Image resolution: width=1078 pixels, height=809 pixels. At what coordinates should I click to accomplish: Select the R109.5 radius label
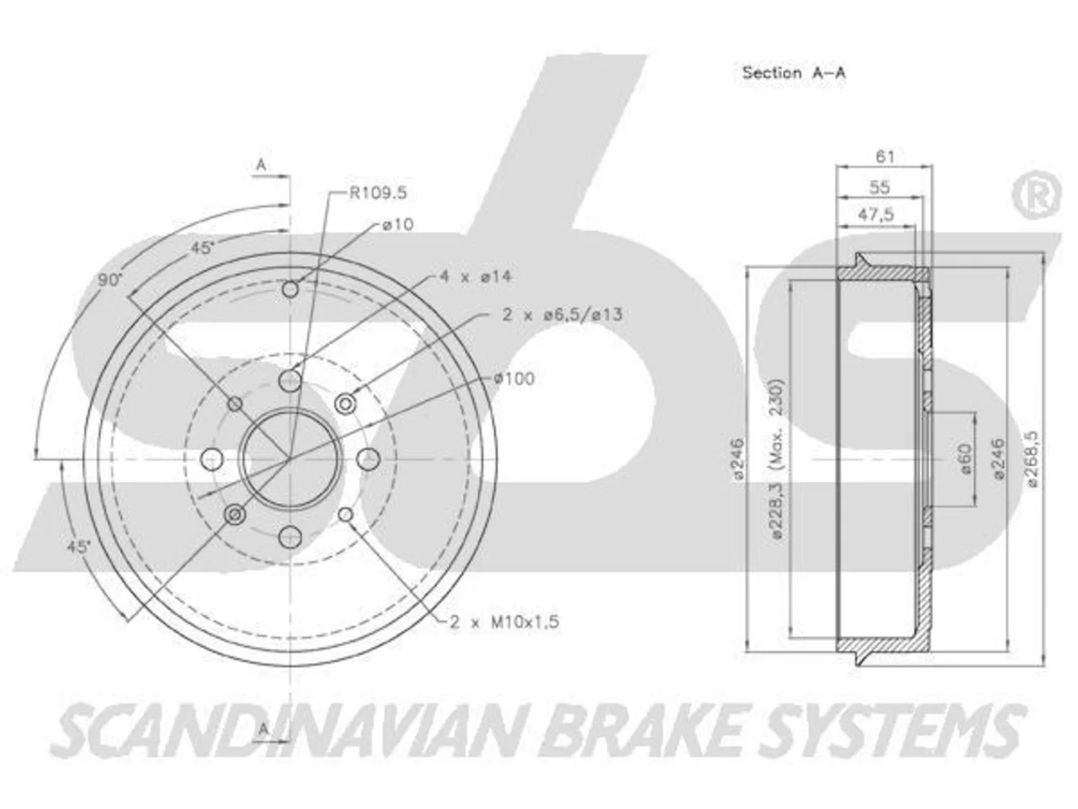pos(377,193)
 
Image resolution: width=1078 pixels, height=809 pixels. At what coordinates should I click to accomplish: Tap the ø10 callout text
pos(398,224)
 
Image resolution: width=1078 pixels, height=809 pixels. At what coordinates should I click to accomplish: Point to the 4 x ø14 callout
pos(475,276)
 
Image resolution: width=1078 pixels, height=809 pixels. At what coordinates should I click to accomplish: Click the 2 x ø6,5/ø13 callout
pos(563,314)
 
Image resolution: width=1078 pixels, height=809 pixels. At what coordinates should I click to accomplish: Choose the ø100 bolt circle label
pos(515,378)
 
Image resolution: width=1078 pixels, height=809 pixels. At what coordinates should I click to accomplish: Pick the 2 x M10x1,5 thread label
pos(504,623)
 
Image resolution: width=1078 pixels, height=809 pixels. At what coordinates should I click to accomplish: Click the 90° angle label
pos(109,281)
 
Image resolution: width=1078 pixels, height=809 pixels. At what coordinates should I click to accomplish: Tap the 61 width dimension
pos(885,157)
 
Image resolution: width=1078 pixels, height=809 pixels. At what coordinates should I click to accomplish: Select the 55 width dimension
pos(879,187)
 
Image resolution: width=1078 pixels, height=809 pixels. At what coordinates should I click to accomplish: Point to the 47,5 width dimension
pos(876,215)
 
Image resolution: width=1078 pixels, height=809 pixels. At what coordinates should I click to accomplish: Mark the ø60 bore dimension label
pos(964,458)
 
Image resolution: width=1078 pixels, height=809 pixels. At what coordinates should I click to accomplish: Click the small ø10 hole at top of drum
pos(291,289)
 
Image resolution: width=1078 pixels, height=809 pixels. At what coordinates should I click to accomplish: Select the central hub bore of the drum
pos(291,458)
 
